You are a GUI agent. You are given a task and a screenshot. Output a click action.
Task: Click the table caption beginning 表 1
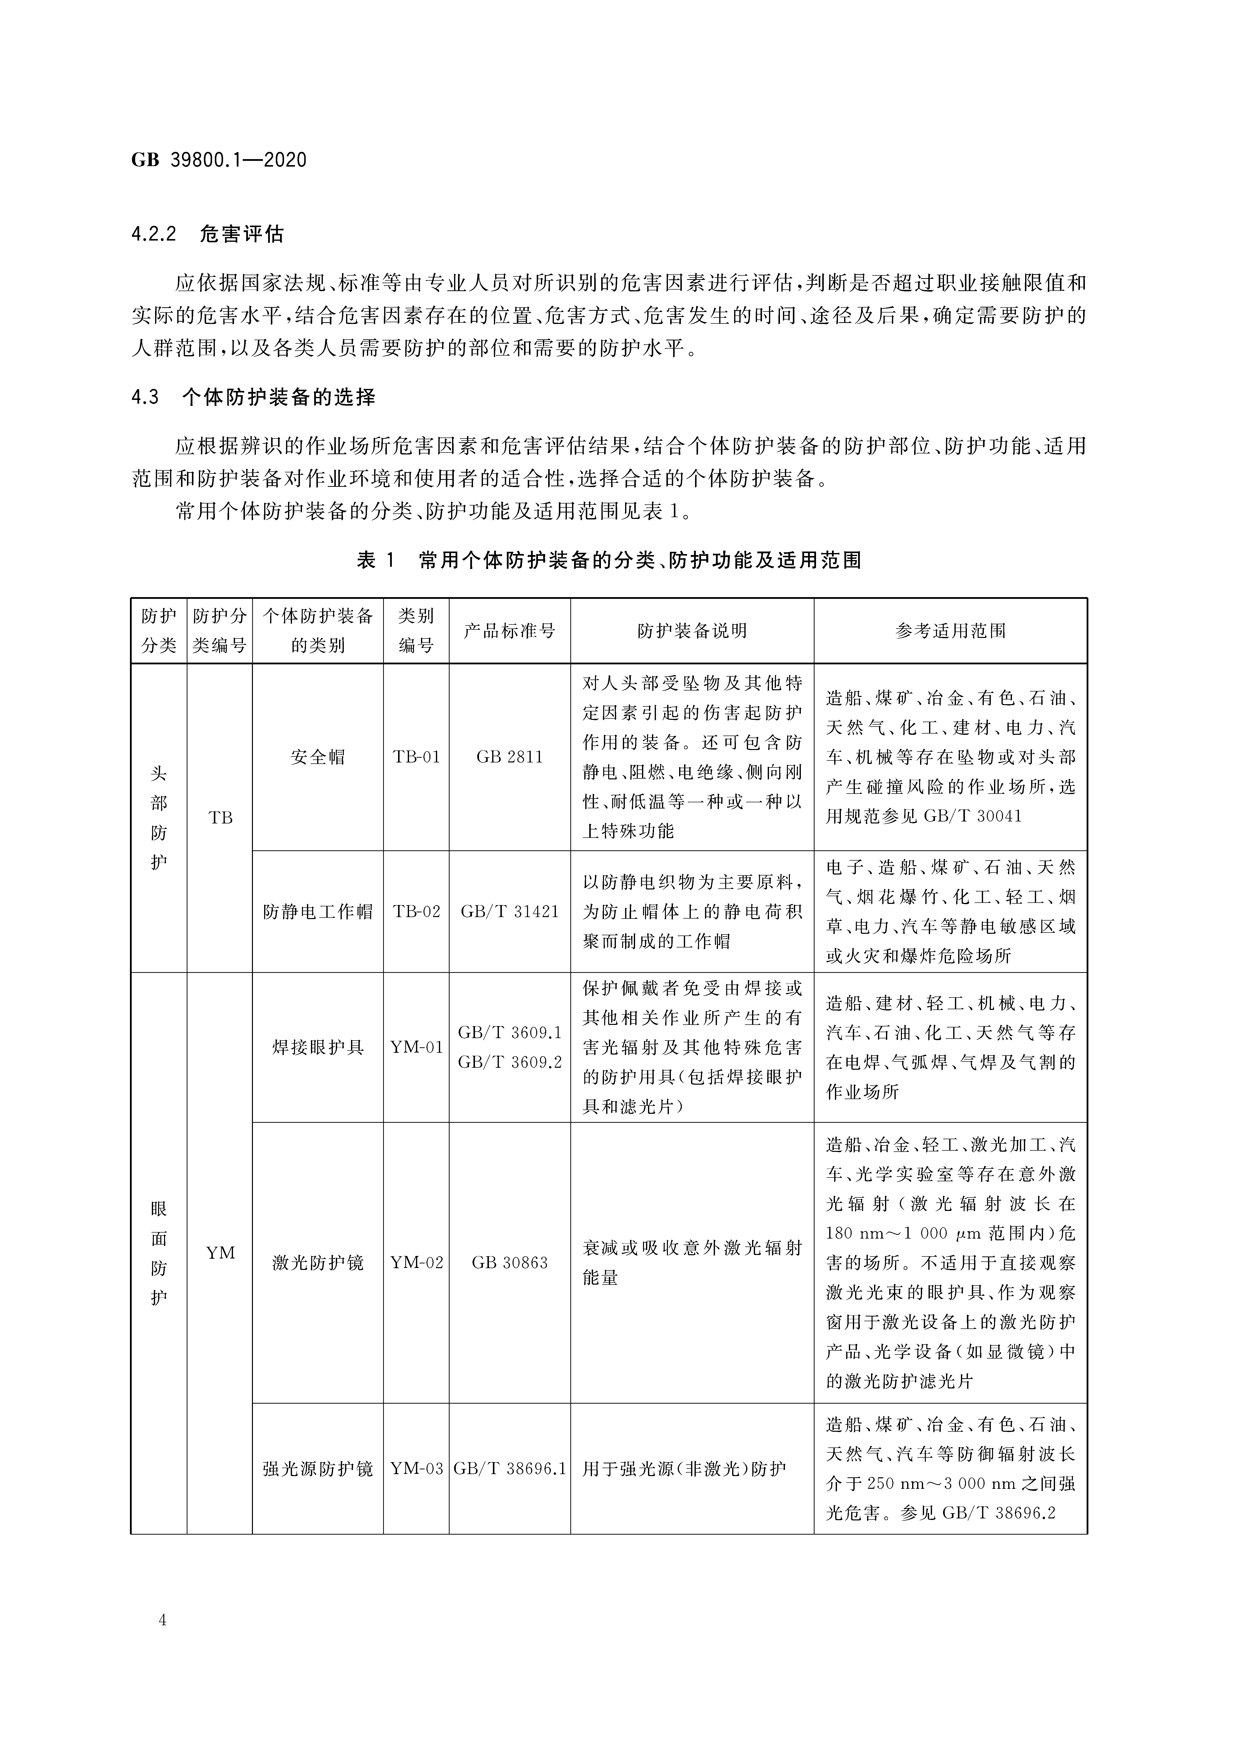pos(609,561)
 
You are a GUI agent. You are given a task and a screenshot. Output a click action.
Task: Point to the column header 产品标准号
pos(509,631)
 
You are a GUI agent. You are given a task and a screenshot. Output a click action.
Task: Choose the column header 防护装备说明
pos(692,631)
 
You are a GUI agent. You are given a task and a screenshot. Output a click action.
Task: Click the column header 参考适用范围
pos(950,631)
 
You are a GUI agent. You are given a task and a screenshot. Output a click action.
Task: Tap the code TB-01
pos(416,757)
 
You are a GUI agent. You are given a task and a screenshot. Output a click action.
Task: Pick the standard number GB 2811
pos(509,757)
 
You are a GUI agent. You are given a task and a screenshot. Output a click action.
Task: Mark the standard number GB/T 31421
pos(509,912)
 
